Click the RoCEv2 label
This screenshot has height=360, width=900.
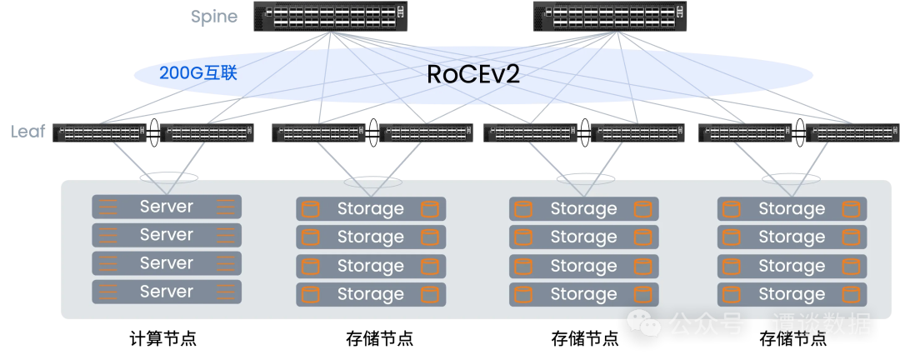coord(473,74)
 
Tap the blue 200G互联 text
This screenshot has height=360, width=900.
coord(198,73)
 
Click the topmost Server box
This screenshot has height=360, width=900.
coord(167,207)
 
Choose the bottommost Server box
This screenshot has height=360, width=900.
coord(167,292)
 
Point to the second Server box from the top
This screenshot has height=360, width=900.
coord(167,235)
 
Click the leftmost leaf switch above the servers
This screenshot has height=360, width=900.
coord(99,133)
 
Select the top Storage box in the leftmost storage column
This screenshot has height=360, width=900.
coord(371,209)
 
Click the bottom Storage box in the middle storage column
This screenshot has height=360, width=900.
coord(583,294)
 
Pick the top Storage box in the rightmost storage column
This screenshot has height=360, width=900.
coord(792,209)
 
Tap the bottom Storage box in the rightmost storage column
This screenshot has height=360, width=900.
coord(792,294)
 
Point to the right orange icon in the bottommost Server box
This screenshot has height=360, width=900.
coord(225,292)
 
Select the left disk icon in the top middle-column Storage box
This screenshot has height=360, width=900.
coord(522,209)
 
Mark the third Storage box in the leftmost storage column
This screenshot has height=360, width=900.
coord(371,266)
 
